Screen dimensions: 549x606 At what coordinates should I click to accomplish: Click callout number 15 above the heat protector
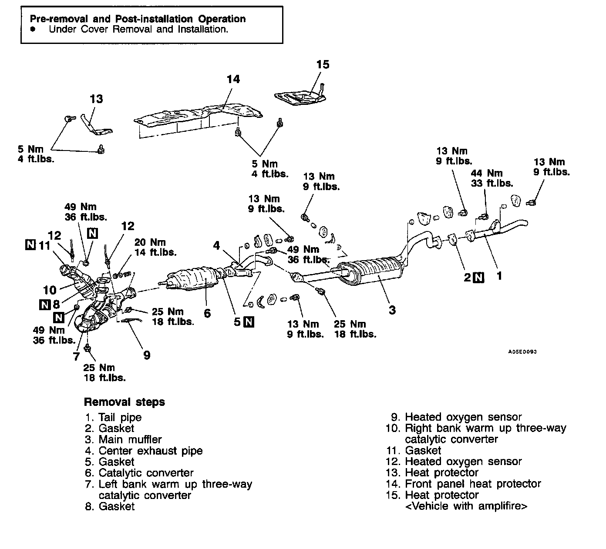(323, 64)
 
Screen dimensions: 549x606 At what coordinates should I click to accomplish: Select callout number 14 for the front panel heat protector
(233, 79)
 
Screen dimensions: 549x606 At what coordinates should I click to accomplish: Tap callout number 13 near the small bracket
(96, 99)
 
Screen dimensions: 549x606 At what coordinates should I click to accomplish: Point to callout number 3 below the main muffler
(392, 310)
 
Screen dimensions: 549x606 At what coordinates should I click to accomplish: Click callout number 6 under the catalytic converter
(207, 313)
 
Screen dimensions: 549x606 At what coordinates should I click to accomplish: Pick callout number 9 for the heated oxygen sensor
(147, 355)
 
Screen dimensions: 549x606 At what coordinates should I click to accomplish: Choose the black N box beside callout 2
(478, 277)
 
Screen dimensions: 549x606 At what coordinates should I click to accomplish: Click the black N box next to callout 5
(249, 322)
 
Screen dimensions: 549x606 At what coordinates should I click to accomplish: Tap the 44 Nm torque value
(486, 173)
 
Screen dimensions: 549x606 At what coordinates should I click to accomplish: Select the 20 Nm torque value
(150, 242)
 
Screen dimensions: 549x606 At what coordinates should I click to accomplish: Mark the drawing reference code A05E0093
(522, 352)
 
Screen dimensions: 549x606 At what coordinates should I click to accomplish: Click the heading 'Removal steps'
(124, 402)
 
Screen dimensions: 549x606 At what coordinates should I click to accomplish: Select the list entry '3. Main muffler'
(124, 439)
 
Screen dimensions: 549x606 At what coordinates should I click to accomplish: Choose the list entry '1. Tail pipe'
(114, 417)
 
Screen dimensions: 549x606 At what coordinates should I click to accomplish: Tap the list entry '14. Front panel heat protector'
(463, 484)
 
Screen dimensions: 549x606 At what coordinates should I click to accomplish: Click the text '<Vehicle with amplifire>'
(466, 506)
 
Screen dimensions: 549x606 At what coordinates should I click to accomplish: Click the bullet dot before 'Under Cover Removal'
(33, 30)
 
